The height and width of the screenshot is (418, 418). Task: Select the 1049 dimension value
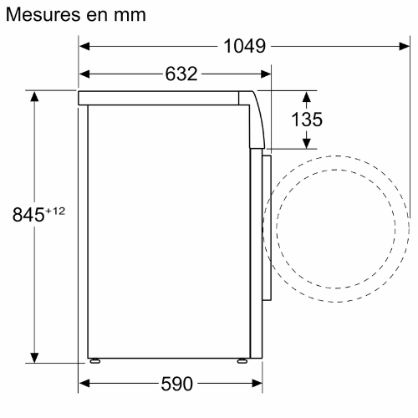245,47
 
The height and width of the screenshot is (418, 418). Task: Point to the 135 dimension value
306,120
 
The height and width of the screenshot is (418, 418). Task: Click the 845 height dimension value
28,215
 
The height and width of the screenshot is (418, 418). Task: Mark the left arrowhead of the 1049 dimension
87,47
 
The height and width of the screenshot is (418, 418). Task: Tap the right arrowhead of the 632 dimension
266,74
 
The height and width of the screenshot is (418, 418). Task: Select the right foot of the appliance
241,362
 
